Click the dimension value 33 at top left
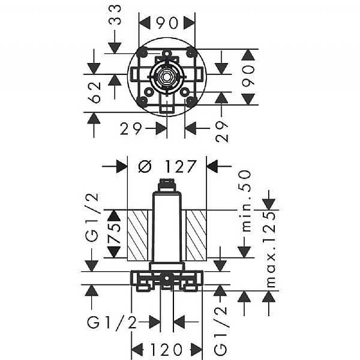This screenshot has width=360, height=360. coord(115,16)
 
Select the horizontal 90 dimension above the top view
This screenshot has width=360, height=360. coord(167,23)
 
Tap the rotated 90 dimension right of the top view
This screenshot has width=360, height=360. coord(250,77)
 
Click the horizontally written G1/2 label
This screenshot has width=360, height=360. coord(112,323)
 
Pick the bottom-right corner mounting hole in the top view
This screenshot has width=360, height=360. coord(191,101)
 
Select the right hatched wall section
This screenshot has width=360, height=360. coord(196,234)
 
